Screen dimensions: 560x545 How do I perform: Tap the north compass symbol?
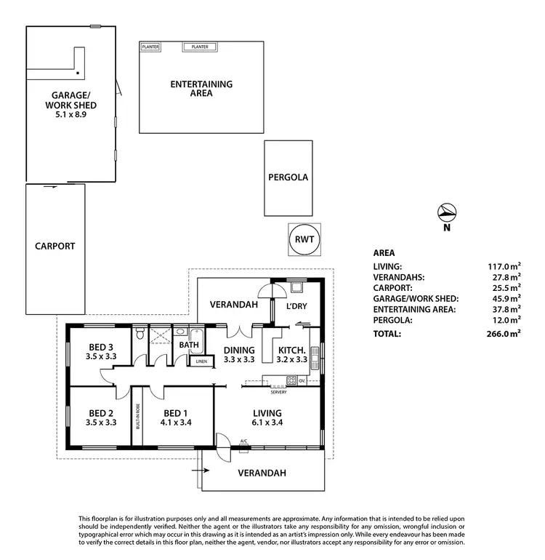pos(448,212)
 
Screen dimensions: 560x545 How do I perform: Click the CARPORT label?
pos(54,246)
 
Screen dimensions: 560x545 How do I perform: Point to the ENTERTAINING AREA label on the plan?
pos(201,89)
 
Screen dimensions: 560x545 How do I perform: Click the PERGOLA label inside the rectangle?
pos(288,177)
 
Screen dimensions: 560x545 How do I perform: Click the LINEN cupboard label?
pos(201,361)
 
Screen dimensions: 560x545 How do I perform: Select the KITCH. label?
pos(291,349)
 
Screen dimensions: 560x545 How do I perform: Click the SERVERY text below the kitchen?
pos(278,392)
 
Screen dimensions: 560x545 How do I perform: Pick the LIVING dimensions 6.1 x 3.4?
pos(267,423)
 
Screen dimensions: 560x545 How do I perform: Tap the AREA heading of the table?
pos(384,253)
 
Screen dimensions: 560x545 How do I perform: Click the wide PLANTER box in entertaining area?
pos(200,47)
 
